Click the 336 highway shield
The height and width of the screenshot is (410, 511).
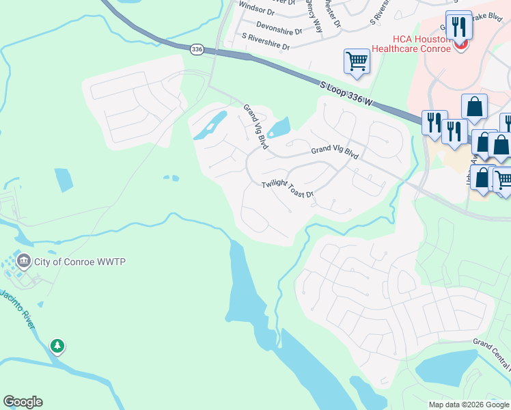(x=197, y=49)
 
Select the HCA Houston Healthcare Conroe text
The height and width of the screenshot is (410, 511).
(x=410, y=44)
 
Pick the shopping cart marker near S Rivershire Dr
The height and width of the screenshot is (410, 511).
(x=357, y=61)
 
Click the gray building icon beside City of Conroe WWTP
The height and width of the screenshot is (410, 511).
(x=24, y=260)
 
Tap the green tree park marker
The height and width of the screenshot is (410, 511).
(x=58, y=346)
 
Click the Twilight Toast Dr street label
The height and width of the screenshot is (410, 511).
(x=288, y=189)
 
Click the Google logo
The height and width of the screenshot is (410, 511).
(x=23, y=402)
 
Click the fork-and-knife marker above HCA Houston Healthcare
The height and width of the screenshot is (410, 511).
(x=459, y=26)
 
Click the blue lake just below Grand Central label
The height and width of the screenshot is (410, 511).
(x=447, y=369)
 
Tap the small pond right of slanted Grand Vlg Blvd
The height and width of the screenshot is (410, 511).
(x=280, y=127)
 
